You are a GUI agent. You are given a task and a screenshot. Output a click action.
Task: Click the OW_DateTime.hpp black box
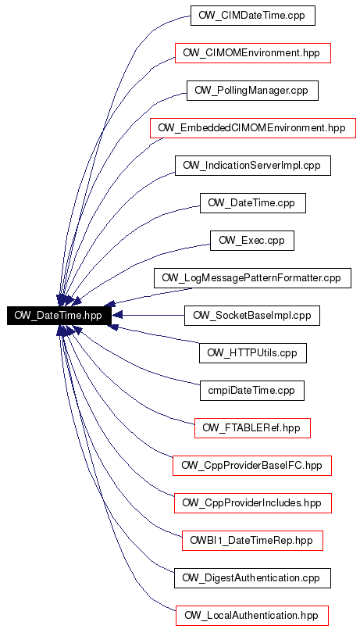pos(58,316)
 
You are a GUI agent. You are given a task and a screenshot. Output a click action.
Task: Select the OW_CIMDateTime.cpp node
pos(252,16)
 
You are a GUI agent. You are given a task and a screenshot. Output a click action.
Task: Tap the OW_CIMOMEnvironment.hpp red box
pos(252,53)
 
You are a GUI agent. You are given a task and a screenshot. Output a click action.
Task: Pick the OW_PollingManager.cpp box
pos(252,91)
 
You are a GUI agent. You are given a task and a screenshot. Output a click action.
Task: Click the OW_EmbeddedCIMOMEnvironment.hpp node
pos(252,128)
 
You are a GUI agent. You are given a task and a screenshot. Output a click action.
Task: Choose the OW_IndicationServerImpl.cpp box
pos(252,166)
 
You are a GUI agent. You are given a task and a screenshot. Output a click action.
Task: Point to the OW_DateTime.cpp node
pos(252,203)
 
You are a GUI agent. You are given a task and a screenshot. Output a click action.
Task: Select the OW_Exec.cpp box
pos(251,241)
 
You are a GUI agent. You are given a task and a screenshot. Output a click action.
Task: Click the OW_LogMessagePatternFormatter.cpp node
pos(252,278)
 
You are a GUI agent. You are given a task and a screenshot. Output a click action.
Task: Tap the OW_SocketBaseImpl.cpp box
pos(251,316)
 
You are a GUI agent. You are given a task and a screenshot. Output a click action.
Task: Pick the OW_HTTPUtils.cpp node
pos(252,353)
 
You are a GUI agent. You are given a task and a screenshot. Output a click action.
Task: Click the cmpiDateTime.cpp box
pos(251,391)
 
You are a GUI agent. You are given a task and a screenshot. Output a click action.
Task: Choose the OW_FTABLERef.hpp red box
pos(252,428)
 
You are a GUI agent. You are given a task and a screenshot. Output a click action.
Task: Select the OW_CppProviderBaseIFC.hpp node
pos(251,466)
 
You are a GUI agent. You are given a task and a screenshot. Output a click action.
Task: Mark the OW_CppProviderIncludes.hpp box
pos(252,503)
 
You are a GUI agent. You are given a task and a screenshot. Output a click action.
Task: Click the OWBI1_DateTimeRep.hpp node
pos(252,541)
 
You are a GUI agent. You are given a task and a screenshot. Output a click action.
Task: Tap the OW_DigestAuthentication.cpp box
pos(252,578)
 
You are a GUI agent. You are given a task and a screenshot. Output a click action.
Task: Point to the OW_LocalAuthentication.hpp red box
pos(251,616)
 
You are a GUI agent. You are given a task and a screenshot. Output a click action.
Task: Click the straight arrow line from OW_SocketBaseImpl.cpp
pos(148,316)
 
